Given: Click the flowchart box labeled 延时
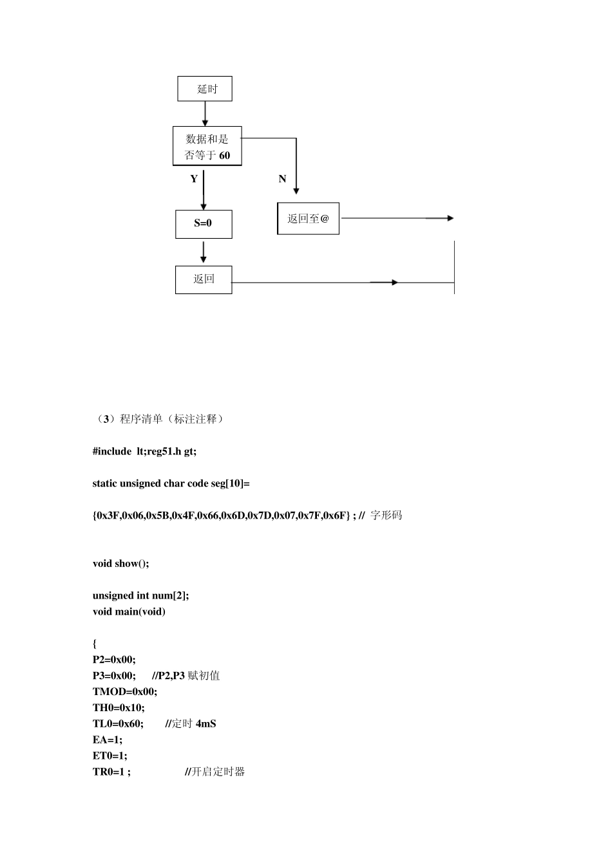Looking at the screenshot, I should (x=205, y=89).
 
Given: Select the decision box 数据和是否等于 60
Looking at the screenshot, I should (x=207, y=146).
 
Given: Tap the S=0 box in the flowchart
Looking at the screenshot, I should (x=204, y=224).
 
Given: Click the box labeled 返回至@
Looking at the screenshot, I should (x=308, y=219).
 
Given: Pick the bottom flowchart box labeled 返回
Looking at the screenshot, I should (x=204, y=279).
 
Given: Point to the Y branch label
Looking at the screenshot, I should (x=194, y=179).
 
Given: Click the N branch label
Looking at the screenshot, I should (x=282, y=179).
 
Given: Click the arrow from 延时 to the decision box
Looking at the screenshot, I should (x=205, y=114).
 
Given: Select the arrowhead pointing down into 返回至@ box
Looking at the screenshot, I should (x=296, y=190).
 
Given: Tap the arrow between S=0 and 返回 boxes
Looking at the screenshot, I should (x=204, y=252).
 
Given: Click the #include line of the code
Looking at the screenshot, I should (x=144, y=451).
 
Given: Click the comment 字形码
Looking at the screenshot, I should (x=387, y=516).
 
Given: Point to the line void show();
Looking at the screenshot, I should (x=120, y=564).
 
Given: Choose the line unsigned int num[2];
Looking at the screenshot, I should (x=140, y=596).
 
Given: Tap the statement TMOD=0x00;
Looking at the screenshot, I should (x=125, y=692).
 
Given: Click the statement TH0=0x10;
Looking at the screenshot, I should (x=119, y=708).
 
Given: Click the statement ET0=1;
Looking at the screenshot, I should (x=110, y=756).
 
